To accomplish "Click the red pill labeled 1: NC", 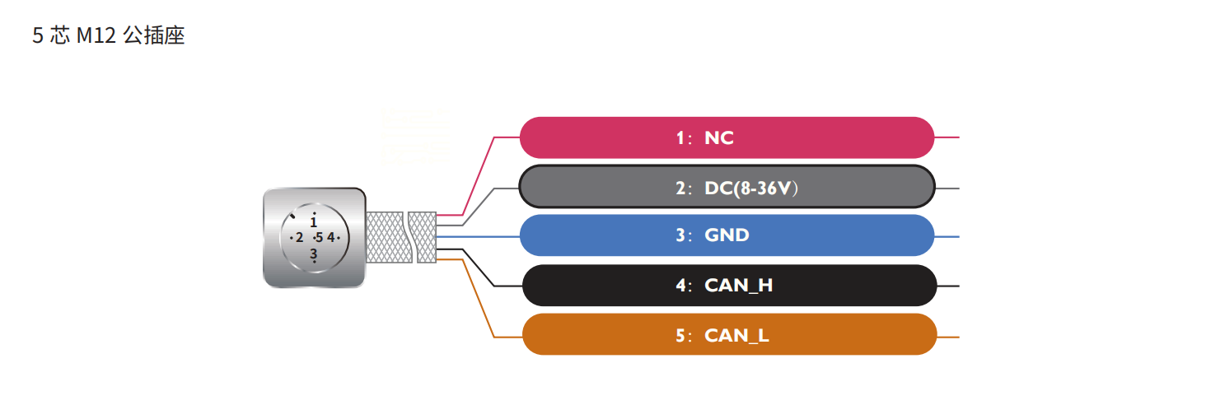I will pyautogui.click(x=727, y=137).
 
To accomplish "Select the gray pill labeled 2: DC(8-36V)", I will pyautogui.click(x=727, y=188).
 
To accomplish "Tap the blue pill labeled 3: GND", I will pyautogui.click(x=727, y=235).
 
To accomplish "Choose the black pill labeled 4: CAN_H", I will pyautogui.click(x=729, y=286).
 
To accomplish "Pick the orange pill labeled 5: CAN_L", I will pyautogui.click(x=729, y=335).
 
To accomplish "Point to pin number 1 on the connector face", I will pyautogui.click(x=313, y=221).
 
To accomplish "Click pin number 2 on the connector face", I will pyautogui.click(x=299, y=238).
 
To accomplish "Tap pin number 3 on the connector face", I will pyautogui.click(x=313, y=254).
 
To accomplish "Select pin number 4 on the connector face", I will pyautogui.click(x=330, y=238).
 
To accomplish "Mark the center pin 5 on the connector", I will pyautogui.click(x=318, y=238).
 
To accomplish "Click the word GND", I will pyautogui.click(x=727, y=235).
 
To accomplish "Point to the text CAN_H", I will pyautogui.click(x=738, y=286).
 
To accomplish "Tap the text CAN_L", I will pyautogui.click(x=736, y=336).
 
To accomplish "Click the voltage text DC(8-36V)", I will pyautogui.click(x=751, y=189).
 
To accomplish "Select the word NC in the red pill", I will pyautogui.click(x=718, y=138).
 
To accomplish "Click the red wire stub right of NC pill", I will pyautogui.click(x=947, y=137).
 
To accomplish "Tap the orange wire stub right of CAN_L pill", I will pyautogui.click(x=948, y=337).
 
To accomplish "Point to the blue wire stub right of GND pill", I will pyautogui.click(x=947, y=236).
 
